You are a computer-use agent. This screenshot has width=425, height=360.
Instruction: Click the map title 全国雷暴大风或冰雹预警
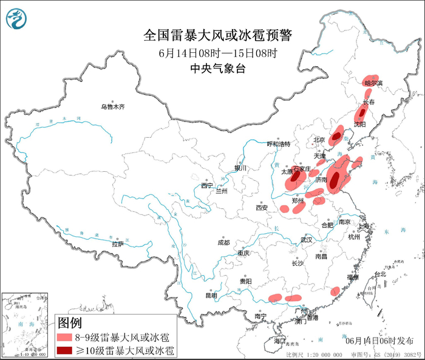[217, 36]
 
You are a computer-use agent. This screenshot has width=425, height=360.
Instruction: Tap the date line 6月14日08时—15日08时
[217, 53]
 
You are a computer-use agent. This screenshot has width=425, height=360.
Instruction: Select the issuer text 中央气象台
[217, 69]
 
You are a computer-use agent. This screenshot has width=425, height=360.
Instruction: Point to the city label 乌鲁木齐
[112, 107]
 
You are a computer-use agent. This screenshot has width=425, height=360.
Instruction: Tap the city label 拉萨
[118, 244]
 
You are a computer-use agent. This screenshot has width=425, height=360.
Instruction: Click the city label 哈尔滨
[373, 83]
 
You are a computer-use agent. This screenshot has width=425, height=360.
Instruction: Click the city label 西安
[262, 208]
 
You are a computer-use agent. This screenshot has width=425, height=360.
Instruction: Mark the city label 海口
[279, 342]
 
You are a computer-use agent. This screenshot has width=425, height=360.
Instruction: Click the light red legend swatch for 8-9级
[64, 338]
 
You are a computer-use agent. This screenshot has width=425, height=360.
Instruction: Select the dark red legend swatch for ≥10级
[64, 350]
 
